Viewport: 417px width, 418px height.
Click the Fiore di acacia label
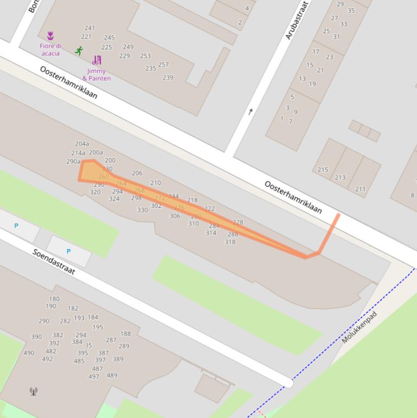pyautogui.click(x=50, y=49)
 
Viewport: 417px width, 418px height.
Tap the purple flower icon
pyautogui.click(x=50, y=36)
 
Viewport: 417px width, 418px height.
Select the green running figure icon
pyautogui.click(x=79, y=51)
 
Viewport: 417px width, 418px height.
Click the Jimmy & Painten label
pyautogui.click(x=97, y=74)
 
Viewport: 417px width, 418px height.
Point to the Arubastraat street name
pyautogui.click(x=297, y=20)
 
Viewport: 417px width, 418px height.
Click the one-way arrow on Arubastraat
pyautogui.click(x=251, y=112)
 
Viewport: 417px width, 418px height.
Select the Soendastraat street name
pyautogui.click(x=53, y=262)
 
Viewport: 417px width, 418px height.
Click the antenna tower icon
pyautogui.click(x=33, y=391)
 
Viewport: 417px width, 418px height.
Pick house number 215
pyautogui.click(x=323, y=170)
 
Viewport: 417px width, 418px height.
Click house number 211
pyautogui.click(x=360, y=189)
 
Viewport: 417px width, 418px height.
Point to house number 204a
pyautogui.click(x=82, y=144)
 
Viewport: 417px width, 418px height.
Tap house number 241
pyautogui.click(x=89, y=28)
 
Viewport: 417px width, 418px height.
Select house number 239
pyautogui.click(x=168, y=78)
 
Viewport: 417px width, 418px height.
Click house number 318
pyautogui.click(x=230, y=242)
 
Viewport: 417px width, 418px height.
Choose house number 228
pyautogui.click(x=238, y=222)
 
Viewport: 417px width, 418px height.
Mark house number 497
pyautogui.click(x=94, y=377)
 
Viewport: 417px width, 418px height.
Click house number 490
pyautogui.click(x=29, y=353)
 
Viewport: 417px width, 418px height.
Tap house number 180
pyautogui.click(x=54, y=299)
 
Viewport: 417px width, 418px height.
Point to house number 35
pyautogui.click(x=351, y=11)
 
